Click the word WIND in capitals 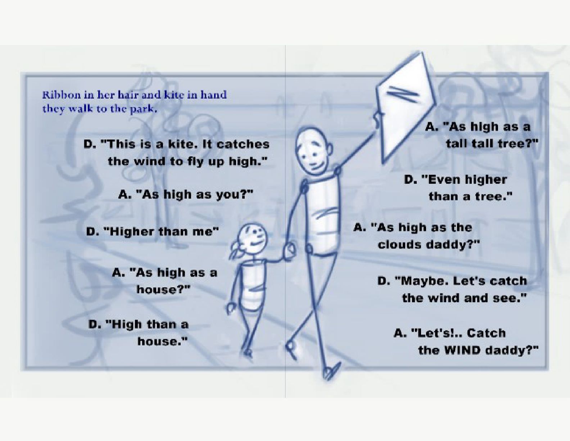tap(464, 350)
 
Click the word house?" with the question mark tap(163, 289)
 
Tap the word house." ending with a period tap(163, 341)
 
